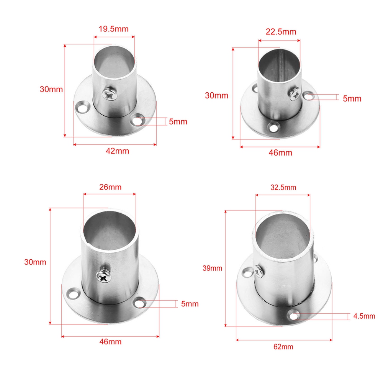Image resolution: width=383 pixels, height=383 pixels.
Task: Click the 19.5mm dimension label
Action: point(114,29)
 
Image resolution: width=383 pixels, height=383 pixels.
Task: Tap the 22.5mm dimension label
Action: point(281,32)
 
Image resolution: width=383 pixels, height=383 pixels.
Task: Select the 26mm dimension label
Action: point(110,187)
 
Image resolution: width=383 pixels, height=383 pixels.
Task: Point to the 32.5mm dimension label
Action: point(283,187)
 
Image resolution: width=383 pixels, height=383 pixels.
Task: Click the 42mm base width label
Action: point(117,151)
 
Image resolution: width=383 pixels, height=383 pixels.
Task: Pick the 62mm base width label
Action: point(283,347)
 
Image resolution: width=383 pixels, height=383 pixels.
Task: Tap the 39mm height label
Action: point(212,268)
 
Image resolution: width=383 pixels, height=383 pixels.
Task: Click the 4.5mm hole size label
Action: point(364,316)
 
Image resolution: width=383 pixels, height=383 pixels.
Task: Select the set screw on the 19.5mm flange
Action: point(110,94)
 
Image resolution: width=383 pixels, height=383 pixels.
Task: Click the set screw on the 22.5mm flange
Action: point(294,93)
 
